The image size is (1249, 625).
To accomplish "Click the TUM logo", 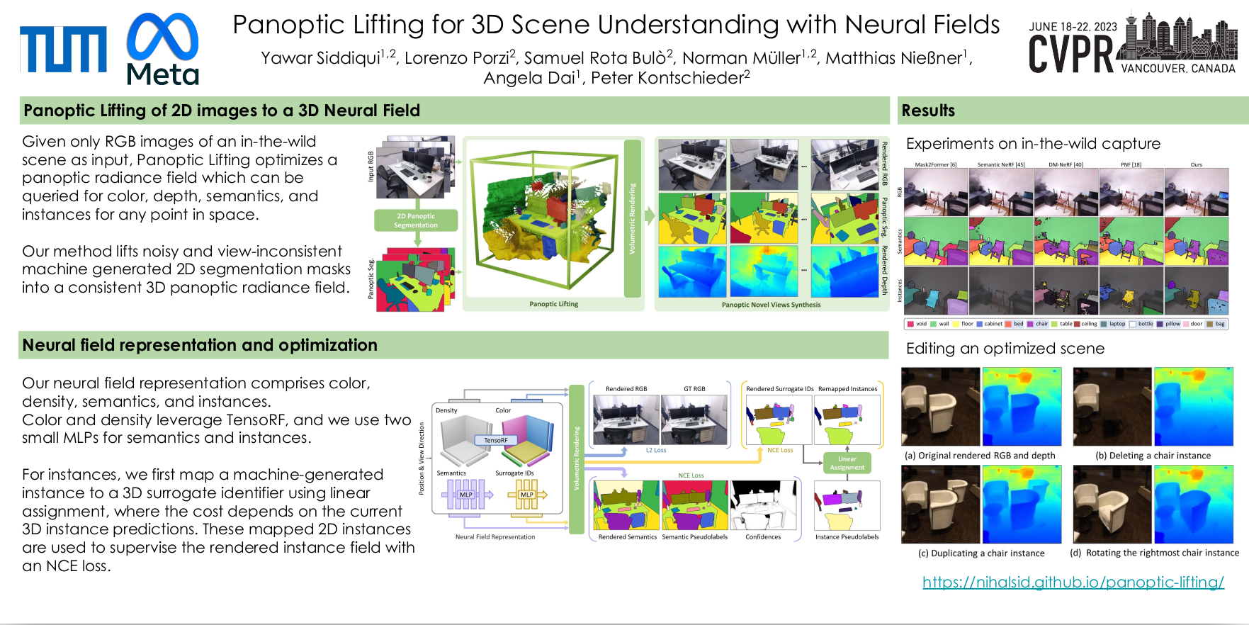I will coord(63,50).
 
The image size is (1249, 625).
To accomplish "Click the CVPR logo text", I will coord(1071,54).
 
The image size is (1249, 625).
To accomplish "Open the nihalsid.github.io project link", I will coord(1073,582).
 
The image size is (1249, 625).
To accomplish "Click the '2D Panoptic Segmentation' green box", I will coord(416,220).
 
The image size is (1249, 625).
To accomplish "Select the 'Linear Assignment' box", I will coord(847,463).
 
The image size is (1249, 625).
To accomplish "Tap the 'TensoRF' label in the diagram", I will coord(495,440).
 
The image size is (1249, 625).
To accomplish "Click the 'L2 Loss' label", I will coord(655,450).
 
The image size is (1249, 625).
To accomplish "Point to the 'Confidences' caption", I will coord(763,537).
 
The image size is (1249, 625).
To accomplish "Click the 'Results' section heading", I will coord(928,111).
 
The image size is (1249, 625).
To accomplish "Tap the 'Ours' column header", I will coord(1196,164).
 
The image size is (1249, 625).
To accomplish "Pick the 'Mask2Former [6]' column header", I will coord(935,164).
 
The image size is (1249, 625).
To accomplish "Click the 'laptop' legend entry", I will coord(1117,324).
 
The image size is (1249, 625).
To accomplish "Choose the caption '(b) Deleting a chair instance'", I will coord(1153,456).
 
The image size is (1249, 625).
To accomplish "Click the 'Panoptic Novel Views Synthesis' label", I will coord(771,305).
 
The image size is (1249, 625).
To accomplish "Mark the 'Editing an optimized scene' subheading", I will coord(1005,349).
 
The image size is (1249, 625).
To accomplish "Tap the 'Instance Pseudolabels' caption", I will coord(847,537).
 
